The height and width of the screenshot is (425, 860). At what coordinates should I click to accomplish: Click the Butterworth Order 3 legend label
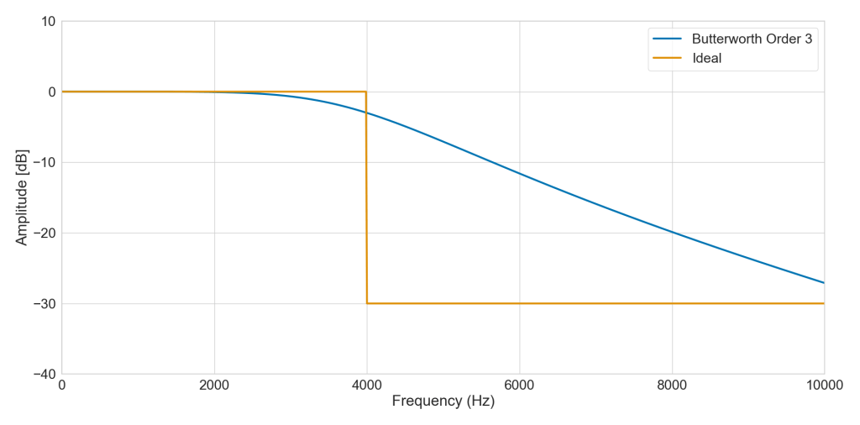752,39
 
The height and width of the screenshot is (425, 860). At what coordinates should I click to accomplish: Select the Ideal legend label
706,58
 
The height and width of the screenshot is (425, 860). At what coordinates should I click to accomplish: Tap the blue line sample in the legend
668,39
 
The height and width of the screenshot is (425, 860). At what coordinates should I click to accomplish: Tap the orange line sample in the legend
668,58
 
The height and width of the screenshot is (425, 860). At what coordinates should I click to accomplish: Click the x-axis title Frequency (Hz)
443,401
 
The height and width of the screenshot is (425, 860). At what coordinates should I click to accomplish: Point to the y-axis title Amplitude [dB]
22,197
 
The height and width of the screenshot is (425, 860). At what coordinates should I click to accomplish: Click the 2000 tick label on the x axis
214,385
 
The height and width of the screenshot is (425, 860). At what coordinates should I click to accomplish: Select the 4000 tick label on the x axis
366,385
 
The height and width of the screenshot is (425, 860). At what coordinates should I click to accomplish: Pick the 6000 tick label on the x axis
519,385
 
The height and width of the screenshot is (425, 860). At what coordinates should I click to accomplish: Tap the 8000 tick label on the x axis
672,385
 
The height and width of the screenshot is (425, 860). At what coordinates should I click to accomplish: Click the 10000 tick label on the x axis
824,385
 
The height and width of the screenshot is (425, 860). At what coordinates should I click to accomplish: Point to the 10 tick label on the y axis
48,21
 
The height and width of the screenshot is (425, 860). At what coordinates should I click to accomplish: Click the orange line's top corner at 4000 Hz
366,92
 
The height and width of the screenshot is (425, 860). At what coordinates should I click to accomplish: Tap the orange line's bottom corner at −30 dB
367,303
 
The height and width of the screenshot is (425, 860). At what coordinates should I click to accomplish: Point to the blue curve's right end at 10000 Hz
824,283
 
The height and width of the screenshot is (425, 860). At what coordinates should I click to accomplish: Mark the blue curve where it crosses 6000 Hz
519,173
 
